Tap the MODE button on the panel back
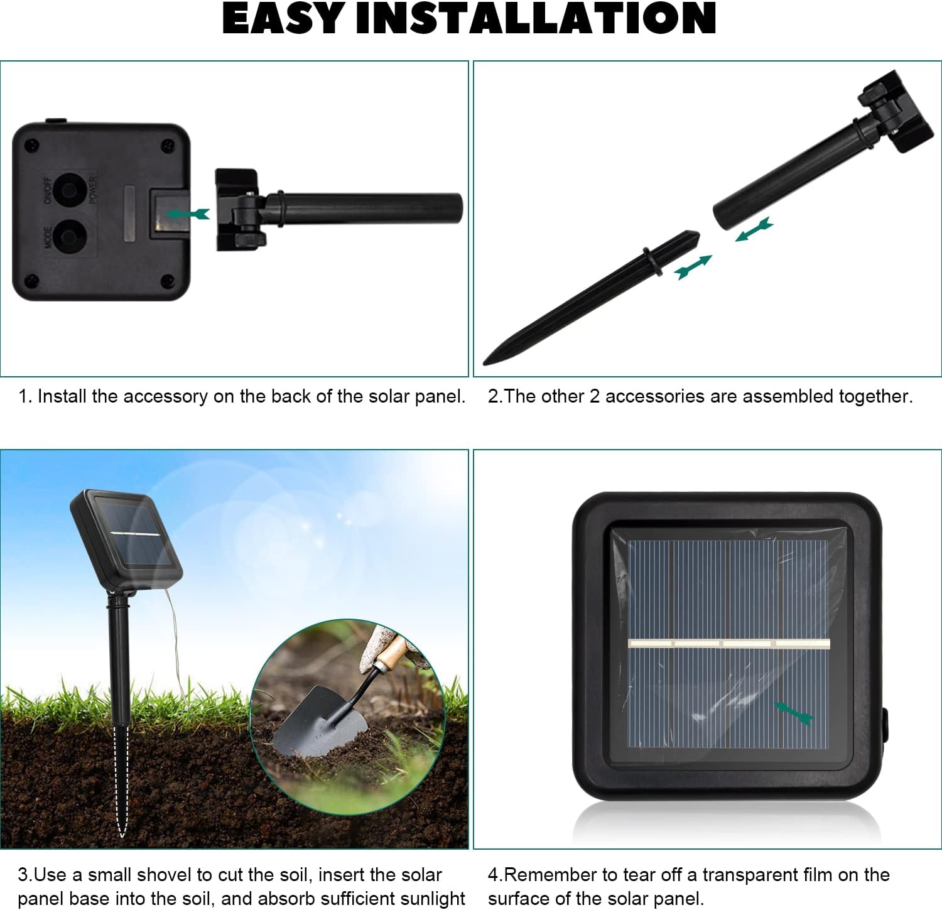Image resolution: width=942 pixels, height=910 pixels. (68, 238)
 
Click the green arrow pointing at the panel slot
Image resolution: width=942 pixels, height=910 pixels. (188, 214)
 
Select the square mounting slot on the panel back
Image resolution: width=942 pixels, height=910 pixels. (168, 214)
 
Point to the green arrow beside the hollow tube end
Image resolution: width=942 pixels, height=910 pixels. (754, 229)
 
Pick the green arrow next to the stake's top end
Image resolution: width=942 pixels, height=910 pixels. (693, 267)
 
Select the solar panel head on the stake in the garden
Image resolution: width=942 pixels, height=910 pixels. (126, 539)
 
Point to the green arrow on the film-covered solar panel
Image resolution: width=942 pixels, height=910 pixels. (794, 713)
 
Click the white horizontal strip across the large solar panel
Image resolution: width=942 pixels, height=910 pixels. (729, 643)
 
